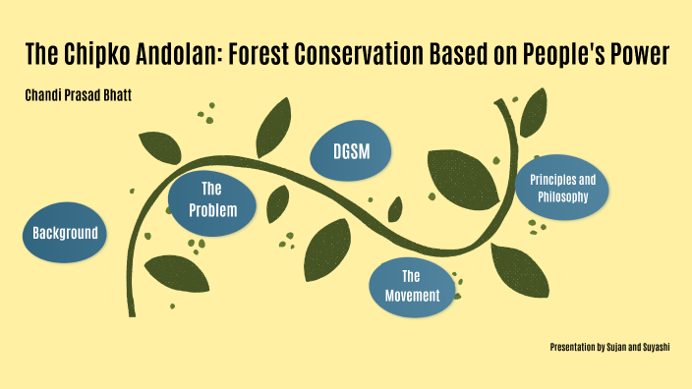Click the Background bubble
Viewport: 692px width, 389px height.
tap(64, 233)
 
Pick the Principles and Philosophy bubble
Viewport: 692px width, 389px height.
tap(562, 189)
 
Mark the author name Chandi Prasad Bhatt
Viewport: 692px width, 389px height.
tap(78, 95)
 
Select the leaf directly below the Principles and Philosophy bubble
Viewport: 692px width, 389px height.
tap(519, 266)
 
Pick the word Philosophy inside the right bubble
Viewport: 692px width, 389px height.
tap(562, 197)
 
